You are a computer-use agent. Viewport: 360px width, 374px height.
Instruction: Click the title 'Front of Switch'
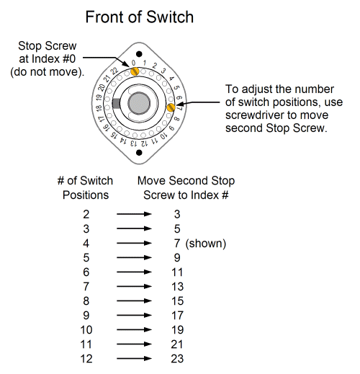[x=140, y=17]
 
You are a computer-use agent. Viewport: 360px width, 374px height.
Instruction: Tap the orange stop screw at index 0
[x=135, y=71]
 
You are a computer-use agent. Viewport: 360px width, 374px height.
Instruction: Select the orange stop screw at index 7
[x=171, y=107]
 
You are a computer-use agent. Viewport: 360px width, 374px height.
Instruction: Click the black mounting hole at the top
[x=139, y=54]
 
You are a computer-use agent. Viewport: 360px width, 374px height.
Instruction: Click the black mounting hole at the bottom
[x=139, y=153]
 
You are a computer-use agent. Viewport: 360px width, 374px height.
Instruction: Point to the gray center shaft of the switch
[x=139, y=104]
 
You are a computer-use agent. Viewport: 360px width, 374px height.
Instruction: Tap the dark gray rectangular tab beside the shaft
[x=116, y=104]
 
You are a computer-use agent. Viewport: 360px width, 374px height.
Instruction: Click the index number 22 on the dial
[x=114, y=71]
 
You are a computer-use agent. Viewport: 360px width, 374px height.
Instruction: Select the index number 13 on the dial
[x=134, y=143]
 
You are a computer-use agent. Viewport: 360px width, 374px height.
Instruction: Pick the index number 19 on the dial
[x=99, y=98]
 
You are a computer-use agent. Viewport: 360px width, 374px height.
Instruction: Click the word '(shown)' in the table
[x=206, y=244]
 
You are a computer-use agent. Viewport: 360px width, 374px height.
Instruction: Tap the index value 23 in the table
[x=177, y=359]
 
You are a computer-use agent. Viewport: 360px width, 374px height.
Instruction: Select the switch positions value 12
[x=86, y=359]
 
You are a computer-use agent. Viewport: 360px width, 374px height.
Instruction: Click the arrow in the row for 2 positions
[x=134, y=214]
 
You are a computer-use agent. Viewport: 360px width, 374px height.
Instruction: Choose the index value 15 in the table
[x=178, y=301]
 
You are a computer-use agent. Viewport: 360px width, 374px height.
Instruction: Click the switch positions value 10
[x=86, y=330]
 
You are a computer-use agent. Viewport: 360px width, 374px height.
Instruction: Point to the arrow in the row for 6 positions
[x=134, y=272]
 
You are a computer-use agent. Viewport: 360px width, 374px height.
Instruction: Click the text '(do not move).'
[x=48, y=72]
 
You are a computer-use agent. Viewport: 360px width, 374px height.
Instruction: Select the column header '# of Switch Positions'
[x=85, y=187]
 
